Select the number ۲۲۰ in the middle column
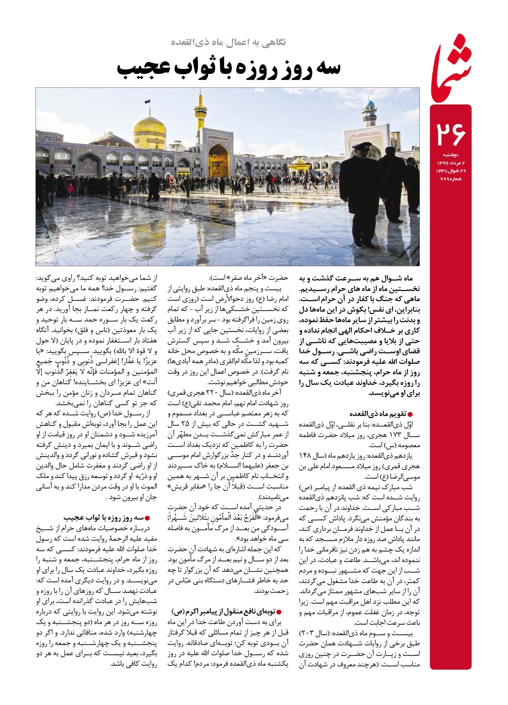[218, 394]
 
